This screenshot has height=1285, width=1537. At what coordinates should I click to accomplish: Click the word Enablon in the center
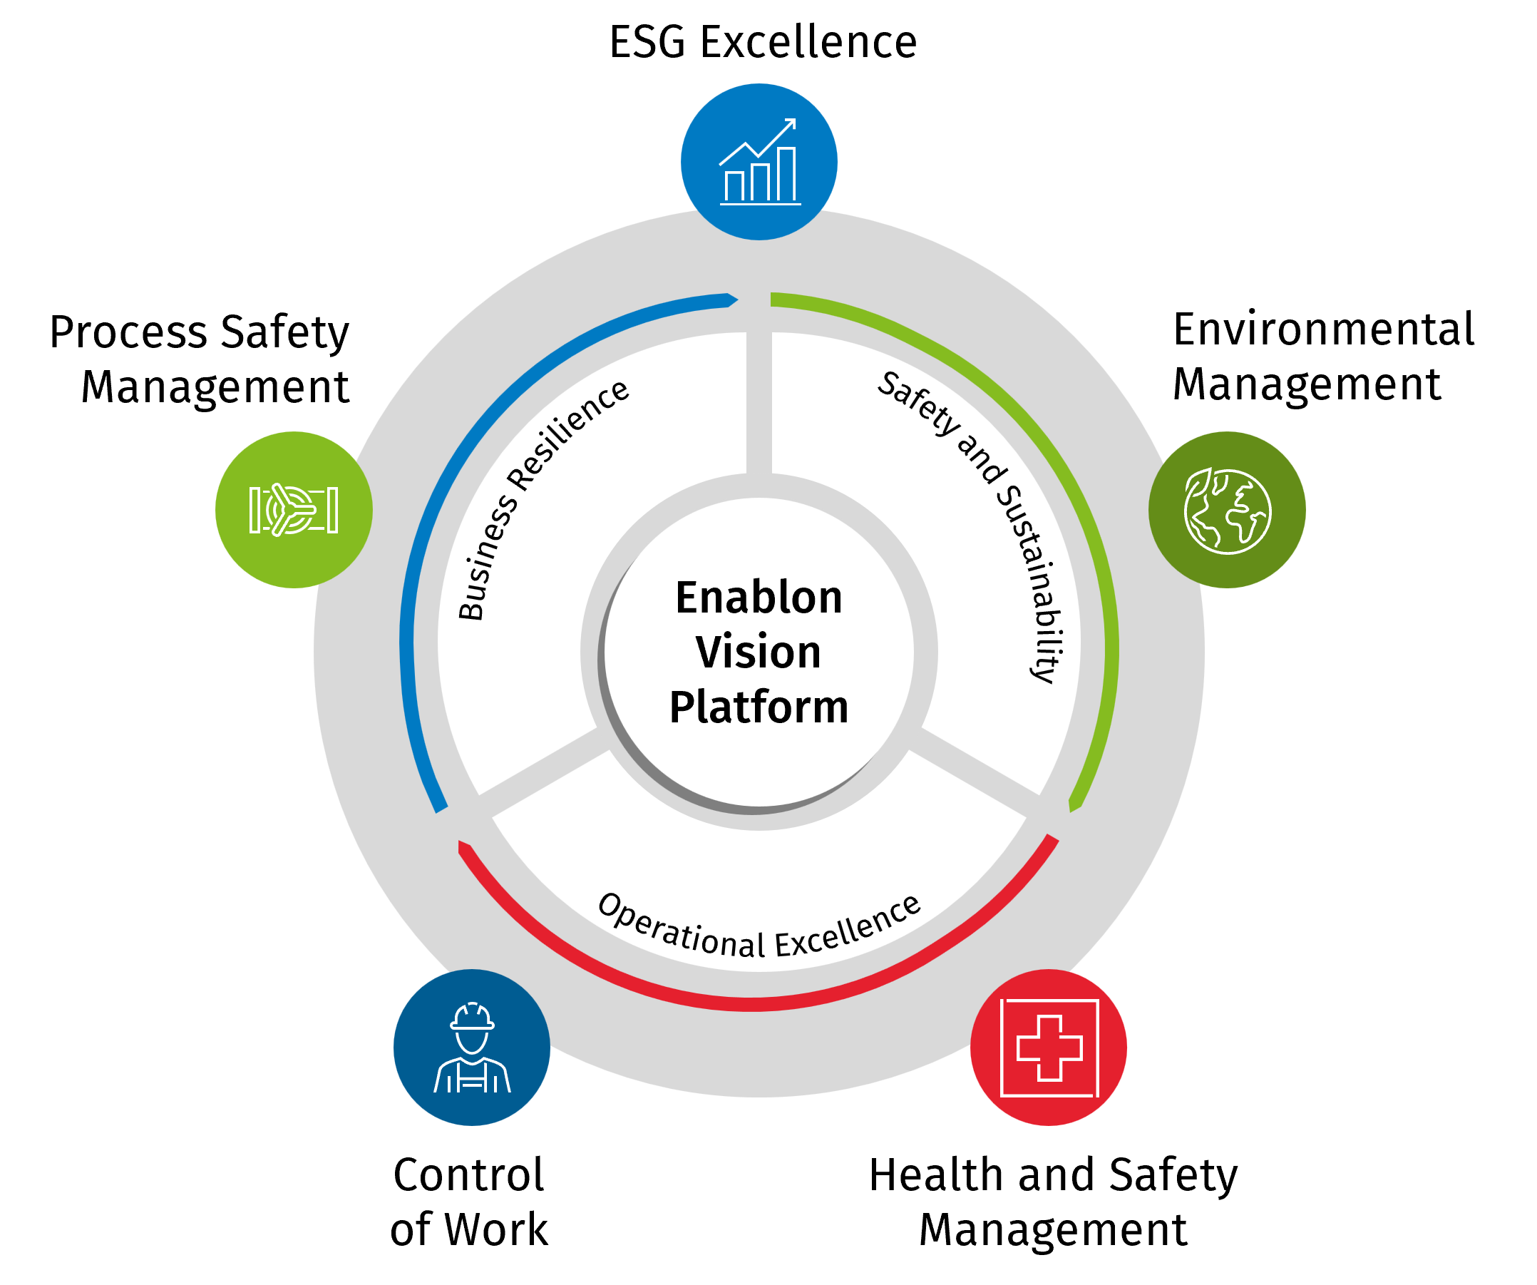coord(759,598)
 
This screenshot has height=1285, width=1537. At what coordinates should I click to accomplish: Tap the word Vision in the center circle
coord(759,652)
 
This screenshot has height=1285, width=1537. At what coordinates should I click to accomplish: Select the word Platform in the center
coord(759,707)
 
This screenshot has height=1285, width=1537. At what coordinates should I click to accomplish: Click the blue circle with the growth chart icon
coord(759,162)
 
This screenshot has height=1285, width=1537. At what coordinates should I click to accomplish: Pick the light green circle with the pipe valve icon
coord(294,510)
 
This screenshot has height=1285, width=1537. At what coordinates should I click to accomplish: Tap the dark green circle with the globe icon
coord(1227,510)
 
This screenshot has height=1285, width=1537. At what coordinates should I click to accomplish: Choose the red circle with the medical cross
coord(1048,1048)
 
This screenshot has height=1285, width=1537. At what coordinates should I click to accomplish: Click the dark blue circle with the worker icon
coord(471,1048)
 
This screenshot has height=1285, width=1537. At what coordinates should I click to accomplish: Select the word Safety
coord(917,404)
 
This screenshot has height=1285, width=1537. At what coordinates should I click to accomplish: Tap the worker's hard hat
coord(472,1016)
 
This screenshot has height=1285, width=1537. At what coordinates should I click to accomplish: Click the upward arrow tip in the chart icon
coord(791,123)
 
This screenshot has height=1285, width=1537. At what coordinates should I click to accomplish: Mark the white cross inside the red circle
coord(1049,1048)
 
